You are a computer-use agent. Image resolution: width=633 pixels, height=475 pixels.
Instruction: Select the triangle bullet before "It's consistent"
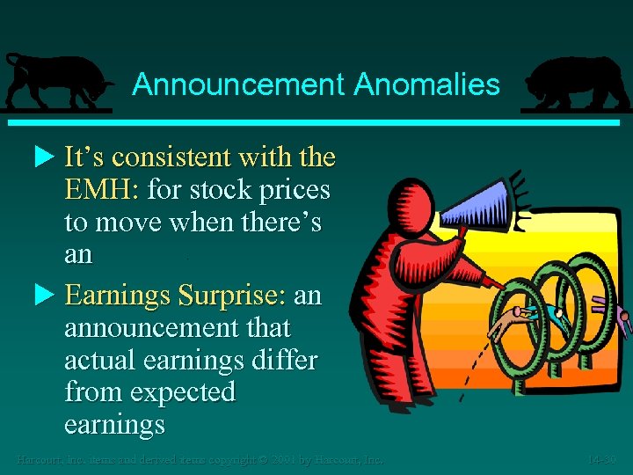47,157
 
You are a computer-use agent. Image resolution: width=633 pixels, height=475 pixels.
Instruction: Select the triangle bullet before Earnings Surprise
47,295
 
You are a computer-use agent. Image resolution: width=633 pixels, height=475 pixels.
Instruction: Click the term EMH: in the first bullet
103,189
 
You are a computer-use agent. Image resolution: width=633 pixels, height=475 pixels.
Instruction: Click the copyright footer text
200,459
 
